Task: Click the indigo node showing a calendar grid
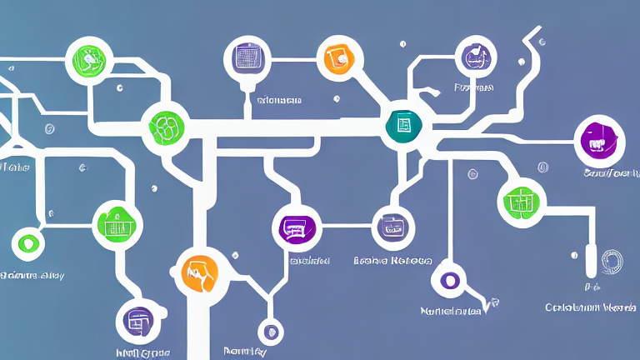click(247, 58)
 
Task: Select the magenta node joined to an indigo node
click(297, 227)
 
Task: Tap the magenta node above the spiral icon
click(599, 140)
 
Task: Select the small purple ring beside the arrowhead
click(450, 280)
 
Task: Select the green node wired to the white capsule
click(522, 201)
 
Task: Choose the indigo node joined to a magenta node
click(392, 227)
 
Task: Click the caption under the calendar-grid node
click(279, 101)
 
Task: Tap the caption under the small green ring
click(32, 274)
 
